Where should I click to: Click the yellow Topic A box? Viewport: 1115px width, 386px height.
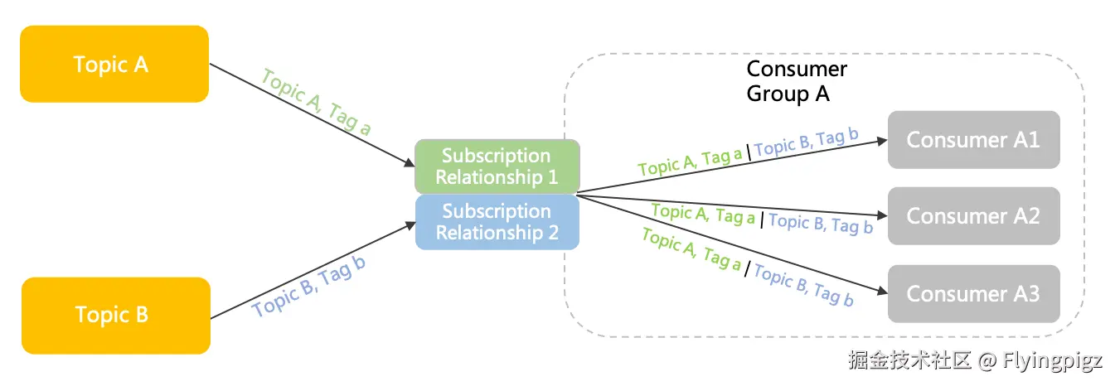click(114, 64)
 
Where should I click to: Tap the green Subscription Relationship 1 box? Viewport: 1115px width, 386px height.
click(497, 166)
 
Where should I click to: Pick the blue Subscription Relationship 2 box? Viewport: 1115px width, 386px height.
click(497, 222)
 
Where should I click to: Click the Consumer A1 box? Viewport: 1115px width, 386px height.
click(973, 139)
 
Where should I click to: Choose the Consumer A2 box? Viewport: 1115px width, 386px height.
click(973, 215)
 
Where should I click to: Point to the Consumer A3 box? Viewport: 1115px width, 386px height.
click(973, 293)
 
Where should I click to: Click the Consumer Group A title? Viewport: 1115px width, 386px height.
click(796, 81)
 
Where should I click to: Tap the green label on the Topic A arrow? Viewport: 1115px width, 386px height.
click(316, 101)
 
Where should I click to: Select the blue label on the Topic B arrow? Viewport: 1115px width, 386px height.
click(309, 286)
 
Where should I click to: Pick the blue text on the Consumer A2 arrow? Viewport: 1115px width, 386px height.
click(821, 223)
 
